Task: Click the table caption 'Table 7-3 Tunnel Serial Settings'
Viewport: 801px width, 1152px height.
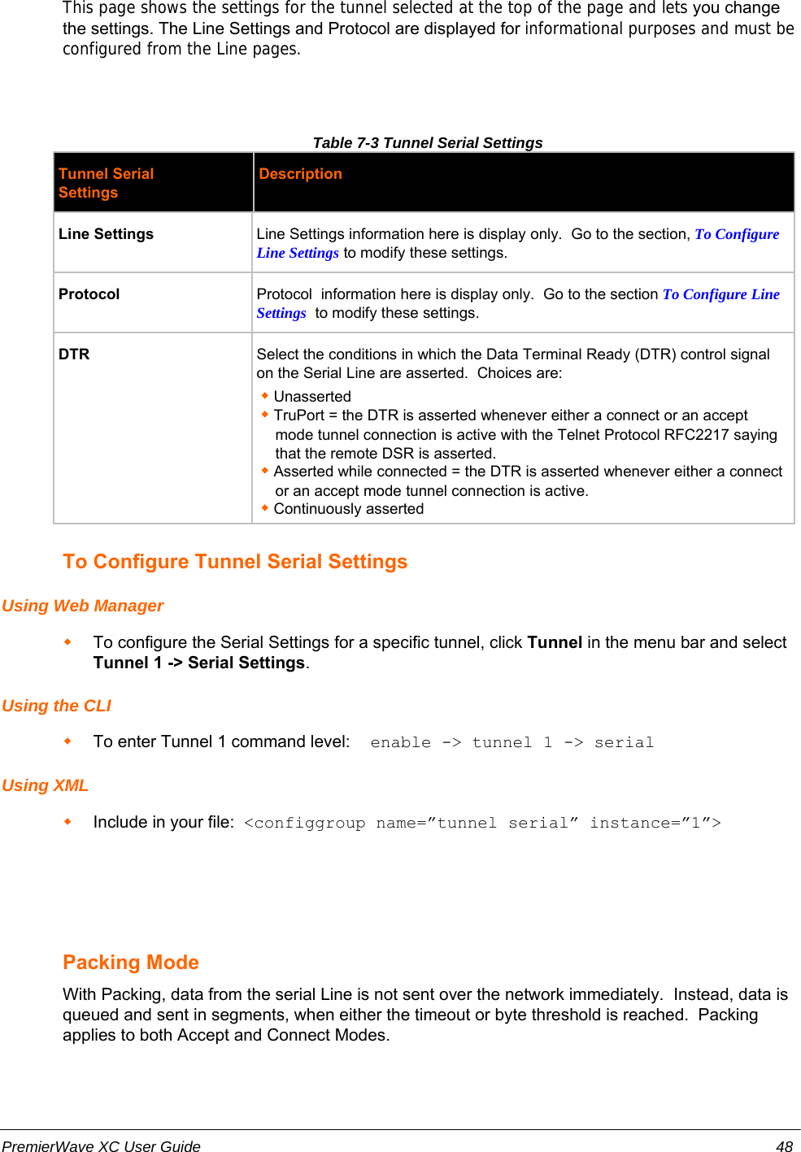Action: click(x=428, y=143)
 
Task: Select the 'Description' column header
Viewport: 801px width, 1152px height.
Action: click(x=300, y=174)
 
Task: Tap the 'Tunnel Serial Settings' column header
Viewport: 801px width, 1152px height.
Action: click(x=106, y=183)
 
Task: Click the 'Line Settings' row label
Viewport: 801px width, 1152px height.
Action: click(x=106, y=234)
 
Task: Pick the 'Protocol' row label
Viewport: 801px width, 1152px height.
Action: click(x=89, y=294)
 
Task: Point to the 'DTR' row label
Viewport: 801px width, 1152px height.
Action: click(x=74, y=354)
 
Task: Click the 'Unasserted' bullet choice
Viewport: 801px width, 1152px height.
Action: click(x=312, y=397)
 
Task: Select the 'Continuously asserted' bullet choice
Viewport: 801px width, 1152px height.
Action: click(x=348, y=509)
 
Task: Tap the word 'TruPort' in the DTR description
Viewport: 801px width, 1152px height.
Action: click(x=298, y=415)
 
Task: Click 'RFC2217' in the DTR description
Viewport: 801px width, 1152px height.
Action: click(x=696, y=435)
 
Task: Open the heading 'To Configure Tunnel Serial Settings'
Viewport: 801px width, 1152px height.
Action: click(x=235, y=562)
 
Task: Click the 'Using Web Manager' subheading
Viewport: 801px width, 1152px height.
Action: click(x=83, y=606)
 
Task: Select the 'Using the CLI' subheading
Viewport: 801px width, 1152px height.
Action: click(x=56, y=706)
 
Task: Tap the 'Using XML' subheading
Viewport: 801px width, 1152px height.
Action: click(x=45, y=785)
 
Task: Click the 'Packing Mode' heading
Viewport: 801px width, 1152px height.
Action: click(x=131, y=963)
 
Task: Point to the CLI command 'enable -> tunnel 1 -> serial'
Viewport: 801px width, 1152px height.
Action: click(x=512, y=742)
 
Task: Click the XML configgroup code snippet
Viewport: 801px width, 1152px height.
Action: click(x=482, y=823)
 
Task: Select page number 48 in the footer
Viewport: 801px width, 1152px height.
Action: click(x=784, y=1146)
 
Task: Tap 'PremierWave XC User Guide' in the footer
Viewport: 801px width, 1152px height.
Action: click(x=101, y=1146)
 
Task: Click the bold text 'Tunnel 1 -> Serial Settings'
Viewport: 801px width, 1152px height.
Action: click(x=199, y=663)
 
